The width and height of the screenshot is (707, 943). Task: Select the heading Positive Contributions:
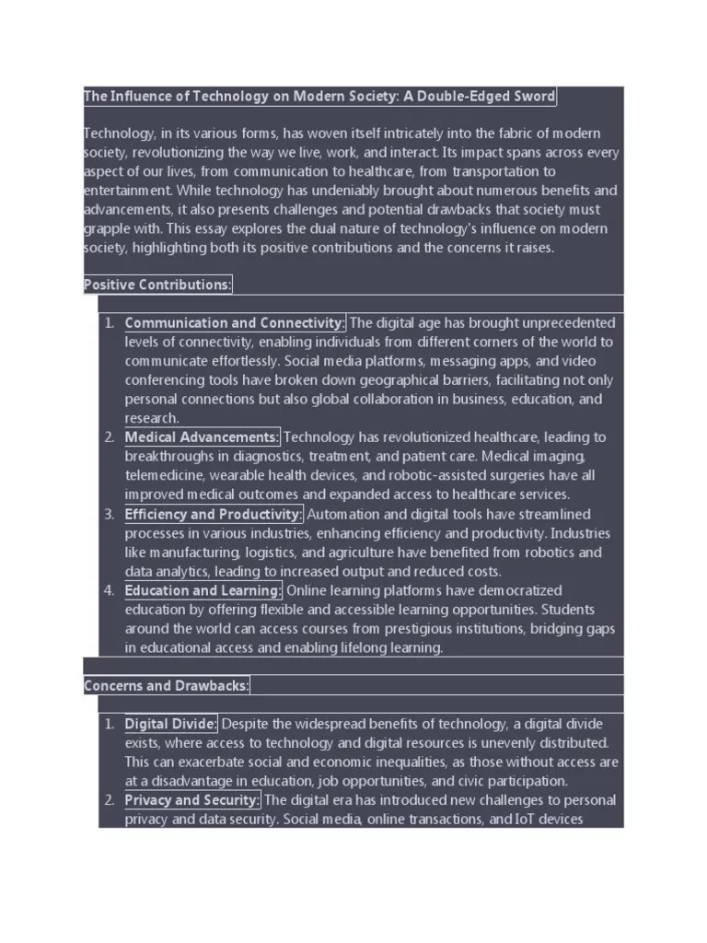157,285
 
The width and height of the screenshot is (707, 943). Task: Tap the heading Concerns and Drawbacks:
167,685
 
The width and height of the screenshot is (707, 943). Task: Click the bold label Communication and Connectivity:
235,322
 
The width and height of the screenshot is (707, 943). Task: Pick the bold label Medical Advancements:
203,437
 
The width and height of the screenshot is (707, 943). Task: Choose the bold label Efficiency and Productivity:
214,514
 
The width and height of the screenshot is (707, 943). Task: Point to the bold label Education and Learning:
203,590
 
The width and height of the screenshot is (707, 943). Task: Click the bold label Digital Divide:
171,723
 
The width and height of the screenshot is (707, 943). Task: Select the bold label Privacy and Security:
193,799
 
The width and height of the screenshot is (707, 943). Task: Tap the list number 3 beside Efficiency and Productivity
109,514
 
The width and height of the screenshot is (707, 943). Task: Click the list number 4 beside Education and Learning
109,590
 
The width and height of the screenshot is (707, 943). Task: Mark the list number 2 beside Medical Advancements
109,437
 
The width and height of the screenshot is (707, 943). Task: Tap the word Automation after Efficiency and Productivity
342,514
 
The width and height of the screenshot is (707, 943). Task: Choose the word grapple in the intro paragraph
104,228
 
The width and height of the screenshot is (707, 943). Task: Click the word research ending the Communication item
151,418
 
